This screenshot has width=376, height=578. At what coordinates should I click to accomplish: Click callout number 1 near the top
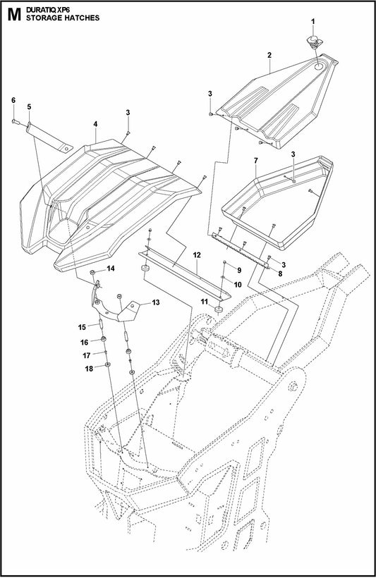(314, 23)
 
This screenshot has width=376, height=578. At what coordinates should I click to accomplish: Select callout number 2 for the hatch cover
(269, 55)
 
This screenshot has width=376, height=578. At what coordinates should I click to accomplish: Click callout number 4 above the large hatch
(95, 123)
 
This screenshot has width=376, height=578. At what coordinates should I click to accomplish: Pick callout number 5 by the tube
(29, 106)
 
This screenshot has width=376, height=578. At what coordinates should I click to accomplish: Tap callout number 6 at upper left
(13, 101)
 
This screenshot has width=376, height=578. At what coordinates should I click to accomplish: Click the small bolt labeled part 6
(16, 123)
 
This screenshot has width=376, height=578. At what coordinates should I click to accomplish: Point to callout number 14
(110, 269)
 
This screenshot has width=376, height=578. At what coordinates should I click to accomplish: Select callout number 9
(238, 271)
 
